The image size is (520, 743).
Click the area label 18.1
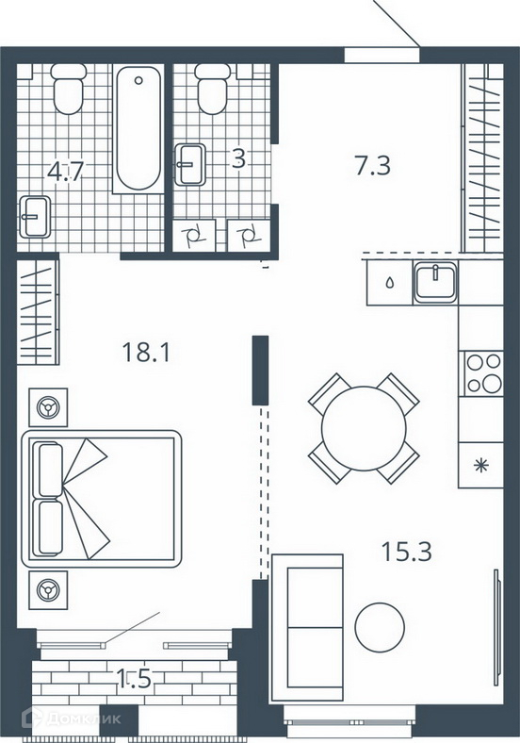pos(145,352)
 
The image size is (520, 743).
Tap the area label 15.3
pos(406,552)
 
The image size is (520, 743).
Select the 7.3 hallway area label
pos(373,166)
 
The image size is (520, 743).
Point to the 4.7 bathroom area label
pos(65,171)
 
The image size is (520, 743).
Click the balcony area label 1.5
pos(134,679)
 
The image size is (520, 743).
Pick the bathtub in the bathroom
pos(138,128)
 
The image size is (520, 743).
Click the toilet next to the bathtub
pos(69,89)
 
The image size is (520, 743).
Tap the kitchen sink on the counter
pos(435,283)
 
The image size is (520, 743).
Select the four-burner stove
pos(483,374)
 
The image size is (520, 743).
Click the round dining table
pos(364,428)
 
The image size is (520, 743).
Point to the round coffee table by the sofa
pos(380,627)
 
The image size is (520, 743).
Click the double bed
pos(102,499)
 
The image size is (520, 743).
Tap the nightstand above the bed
pos(48,407)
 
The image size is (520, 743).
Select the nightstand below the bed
pos(48,590)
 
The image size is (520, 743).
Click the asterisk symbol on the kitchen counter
pos(481,466)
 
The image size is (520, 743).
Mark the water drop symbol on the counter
pos(390,283)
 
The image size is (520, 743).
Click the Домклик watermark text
pos(83,718)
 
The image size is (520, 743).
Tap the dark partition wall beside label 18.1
pos(261,371)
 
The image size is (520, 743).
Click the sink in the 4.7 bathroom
pos(35,217)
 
